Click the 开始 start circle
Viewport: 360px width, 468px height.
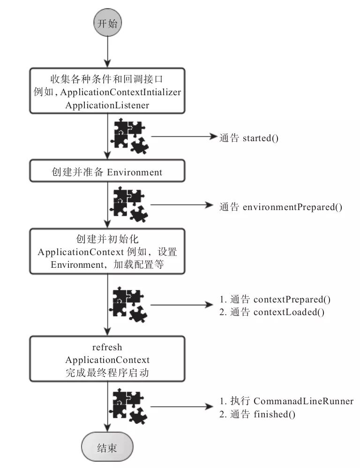108,24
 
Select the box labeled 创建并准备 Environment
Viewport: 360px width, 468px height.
108,172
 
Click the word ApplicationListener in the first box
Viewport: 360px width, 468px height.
107,105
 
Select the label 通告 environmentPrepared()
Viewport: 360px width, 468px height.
280,206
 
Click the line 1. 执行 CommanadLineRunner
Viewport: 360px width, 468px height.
286,401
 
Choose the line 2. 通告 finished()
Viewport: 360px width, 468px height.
257,415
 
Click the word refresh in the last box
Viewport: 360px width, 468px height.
107,347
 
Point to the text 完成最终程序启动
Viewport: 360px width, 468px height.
107,373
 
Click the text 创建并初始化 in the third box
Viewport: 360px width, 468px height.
107,238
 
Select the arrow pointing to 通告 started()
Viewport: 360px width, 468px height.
183,138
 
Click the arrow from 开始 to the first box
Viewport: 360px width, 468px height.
108,52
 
